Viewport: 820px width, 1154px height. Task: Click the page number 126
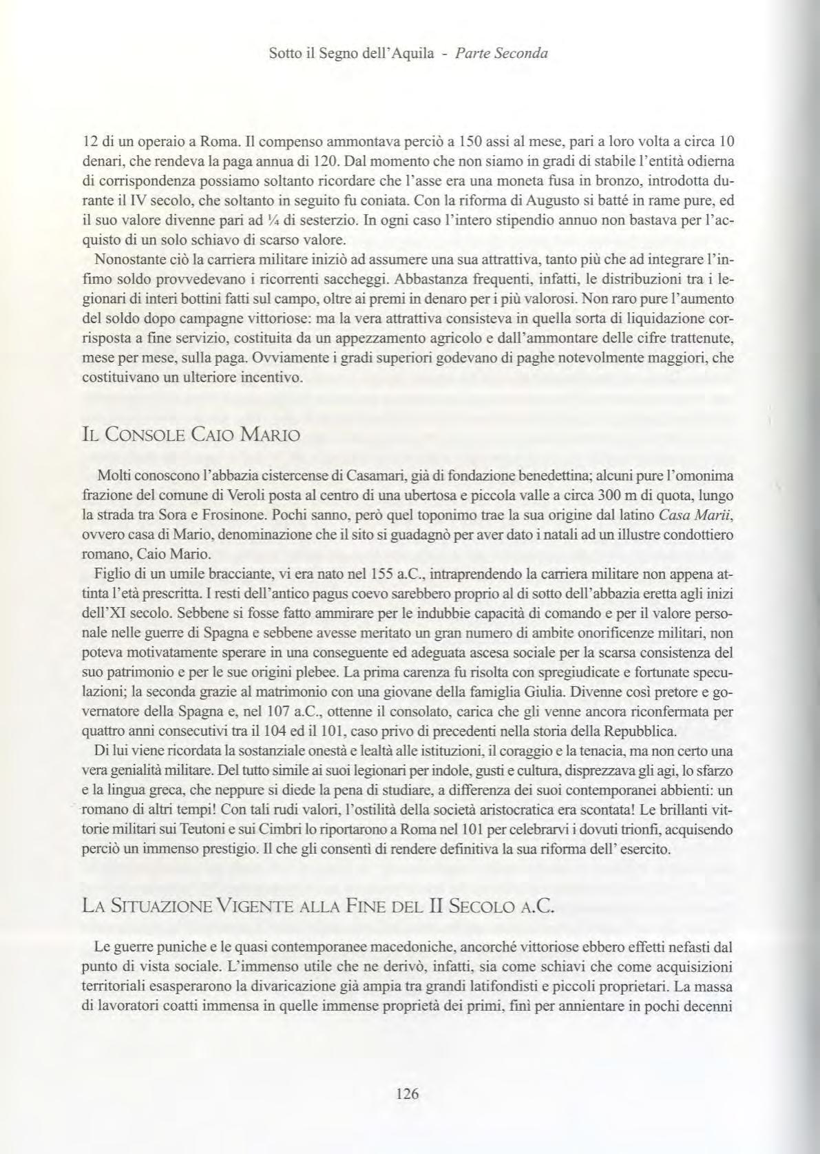tap(408, 1093)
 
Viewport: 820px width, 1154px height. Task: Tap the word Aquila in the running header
tap(411, 54)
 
